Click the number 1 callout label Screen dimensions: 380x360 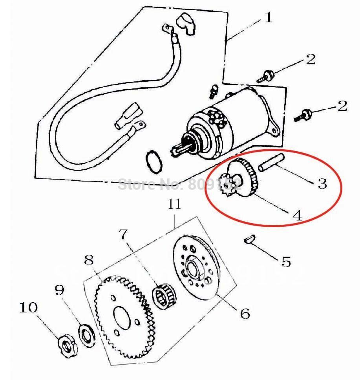(268, 18)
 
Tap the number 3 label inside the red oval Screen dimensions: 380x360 (322, 183)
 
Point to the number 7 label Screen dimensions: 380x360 (123, 234)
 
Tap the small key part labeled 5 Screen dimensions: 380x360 (249, 239)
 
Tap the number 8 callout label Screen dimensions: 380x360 (89, 260)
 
